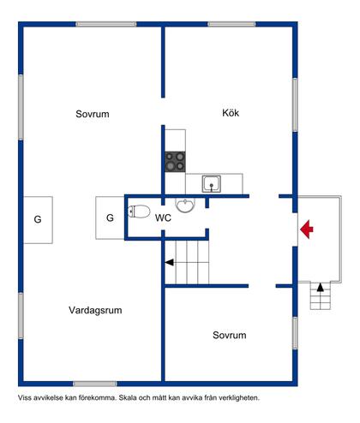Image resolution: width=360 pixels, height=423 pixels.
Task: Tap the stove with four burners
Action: pos(176,162)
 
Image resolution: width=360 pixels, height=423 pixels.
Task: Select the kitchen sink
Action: pos(211,182)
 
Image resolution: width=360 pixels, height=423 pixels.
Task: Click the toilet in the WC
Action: pos(140,212)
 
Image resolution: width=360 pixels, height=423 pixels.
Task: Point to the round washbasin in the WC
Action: pos(185,205)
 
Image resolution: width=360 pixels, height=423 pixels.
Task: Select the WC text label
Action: pos(164,218)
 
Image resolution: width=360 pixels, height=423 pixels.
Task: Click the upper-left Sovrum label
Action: pos(92,114)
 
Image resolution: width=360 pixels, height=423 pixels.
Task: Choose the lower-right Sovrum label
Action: pos(230,335)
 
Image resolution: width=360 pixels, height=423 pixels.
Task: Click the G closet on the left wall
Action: pos(38,219)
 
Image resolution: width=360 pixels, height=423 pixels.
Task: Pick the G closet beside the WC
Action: pos(110,217)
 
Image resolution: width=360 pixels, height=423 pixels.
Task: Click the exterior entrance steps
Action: pos(320,297)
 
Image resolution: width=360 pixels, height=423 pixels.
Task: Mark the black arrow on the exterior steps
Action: pos(320,289)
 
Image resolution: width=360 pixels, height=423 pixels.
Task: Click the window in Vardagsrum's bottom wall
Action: pos(94,383)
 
